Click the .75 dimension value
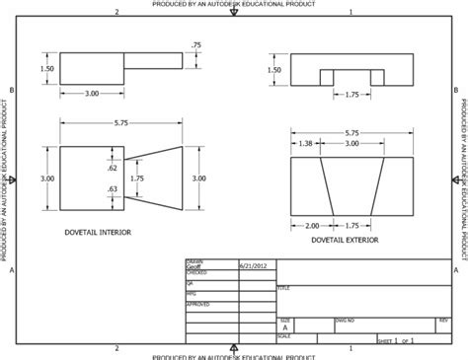pyautogui.click(x=195, y=45)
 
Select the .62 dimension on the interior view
pyautogui.click(x=112, y=169)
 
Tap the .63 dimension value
pyautogui.click(x=112, y=187)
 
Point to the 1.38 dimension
pyautogui.click(x=305, y=144)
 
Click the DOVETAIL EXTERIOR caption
pyautogui.click(x=344, y=239)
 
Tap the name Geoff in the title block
pyautogui.click(x=194, y=266)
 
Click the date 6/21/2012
pyautogui.click(x=251, y=266)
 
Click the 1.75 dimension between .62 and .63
pyautogui.click(x=137, y=179)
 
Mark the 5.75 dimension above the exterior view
pyautogui.click(x=352, y=132)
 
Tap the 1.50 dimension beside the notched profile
pyautogui.click(x=275, y=69)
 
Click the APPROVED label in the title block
pyautogui.click(x=195, y=305)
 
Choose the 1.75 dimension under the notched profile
pyautogui.click(x=351, y=94)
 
